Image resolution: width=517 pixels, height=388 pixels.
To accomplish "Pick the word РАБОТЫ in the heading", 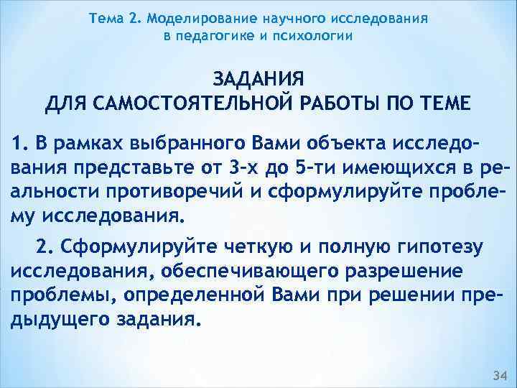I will click(x=348, y=103).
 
